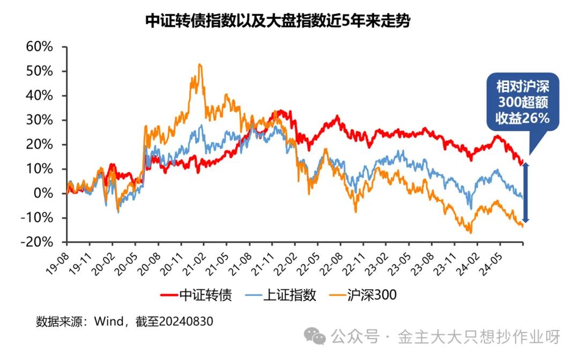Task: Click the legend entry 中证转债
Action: (196, 295)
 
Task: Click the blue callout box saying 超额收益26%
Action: (522, 102)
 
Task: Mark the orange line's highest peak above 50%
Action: (199, 65)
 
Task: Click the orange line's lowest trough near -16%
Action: (471, 232)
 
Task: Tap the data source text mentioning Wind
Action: (124, 321)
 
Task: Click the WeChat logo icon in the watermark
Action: (315, 337)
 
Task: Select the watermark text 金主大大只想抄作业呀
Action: (479, 337)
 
